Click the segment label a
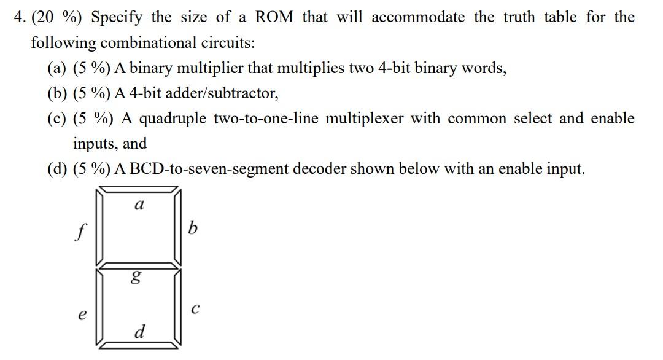coord(139,205)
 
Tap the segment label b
coord(193,229)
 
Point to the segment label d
coord(140,332)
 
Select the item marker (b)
coord(57,93)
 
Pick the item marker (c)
coord(57,119)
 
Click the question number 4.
coord(19,17)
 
